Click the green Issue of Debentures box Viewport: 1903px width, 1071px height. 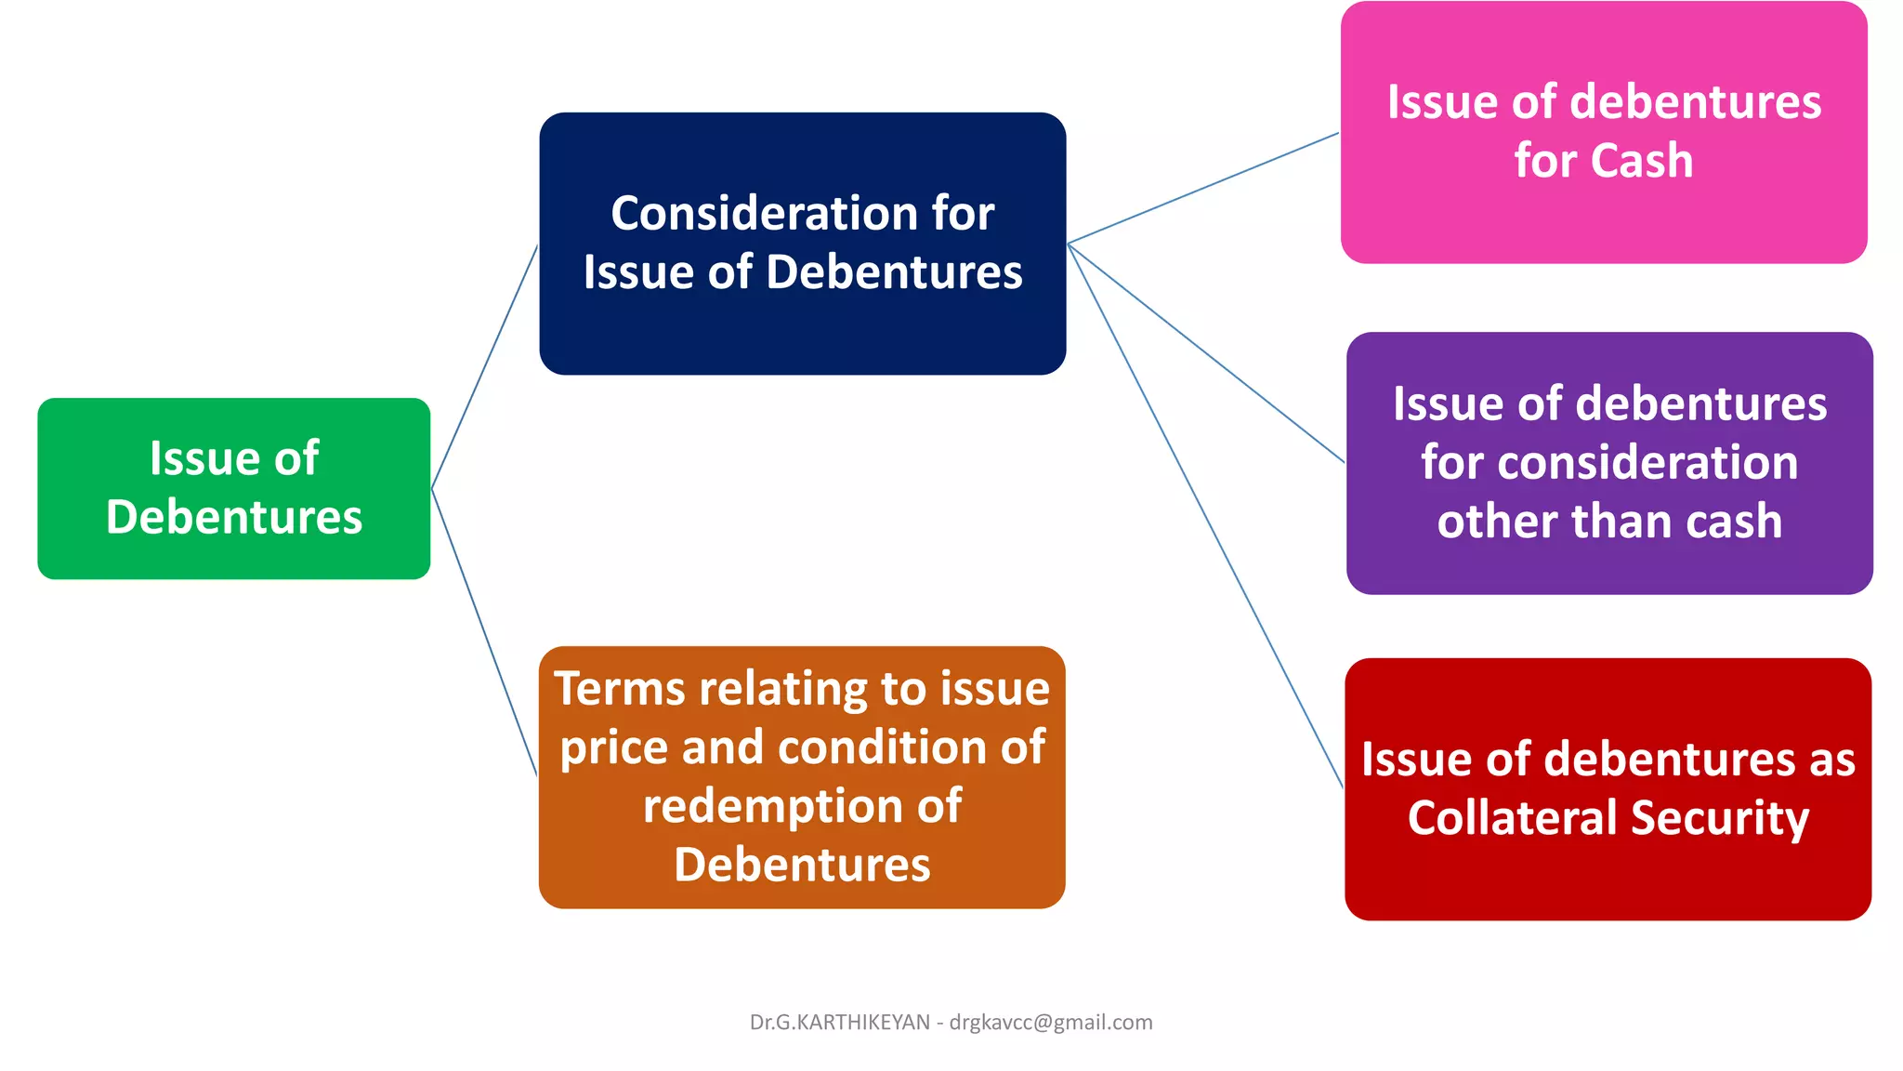pos(233,488)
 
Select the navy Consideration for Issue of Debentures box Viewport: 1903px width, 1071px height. pos(802,244)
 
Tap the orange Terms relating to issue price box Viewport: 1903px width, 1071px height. pos(802,777)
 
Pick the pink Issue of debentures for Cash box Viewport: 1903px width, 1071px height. pos(1604,132)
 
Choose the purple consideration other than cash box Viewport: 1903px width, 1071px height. pos(1609,463)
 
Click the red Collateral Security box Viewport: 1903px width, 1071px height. pos(1608,789)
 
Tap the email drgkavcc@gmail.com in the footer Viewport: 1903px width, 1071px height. pos(1050,1023)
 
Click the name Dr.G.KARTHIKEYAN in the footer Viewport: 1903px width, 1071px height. pos(839,1023)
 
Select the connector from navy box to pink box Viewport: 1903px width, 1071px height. pos(1203,189)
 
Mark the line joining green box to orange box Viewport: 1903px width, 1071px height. pos(484,632)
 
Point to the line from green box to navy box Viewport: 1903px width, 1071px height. pos(484,367)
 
